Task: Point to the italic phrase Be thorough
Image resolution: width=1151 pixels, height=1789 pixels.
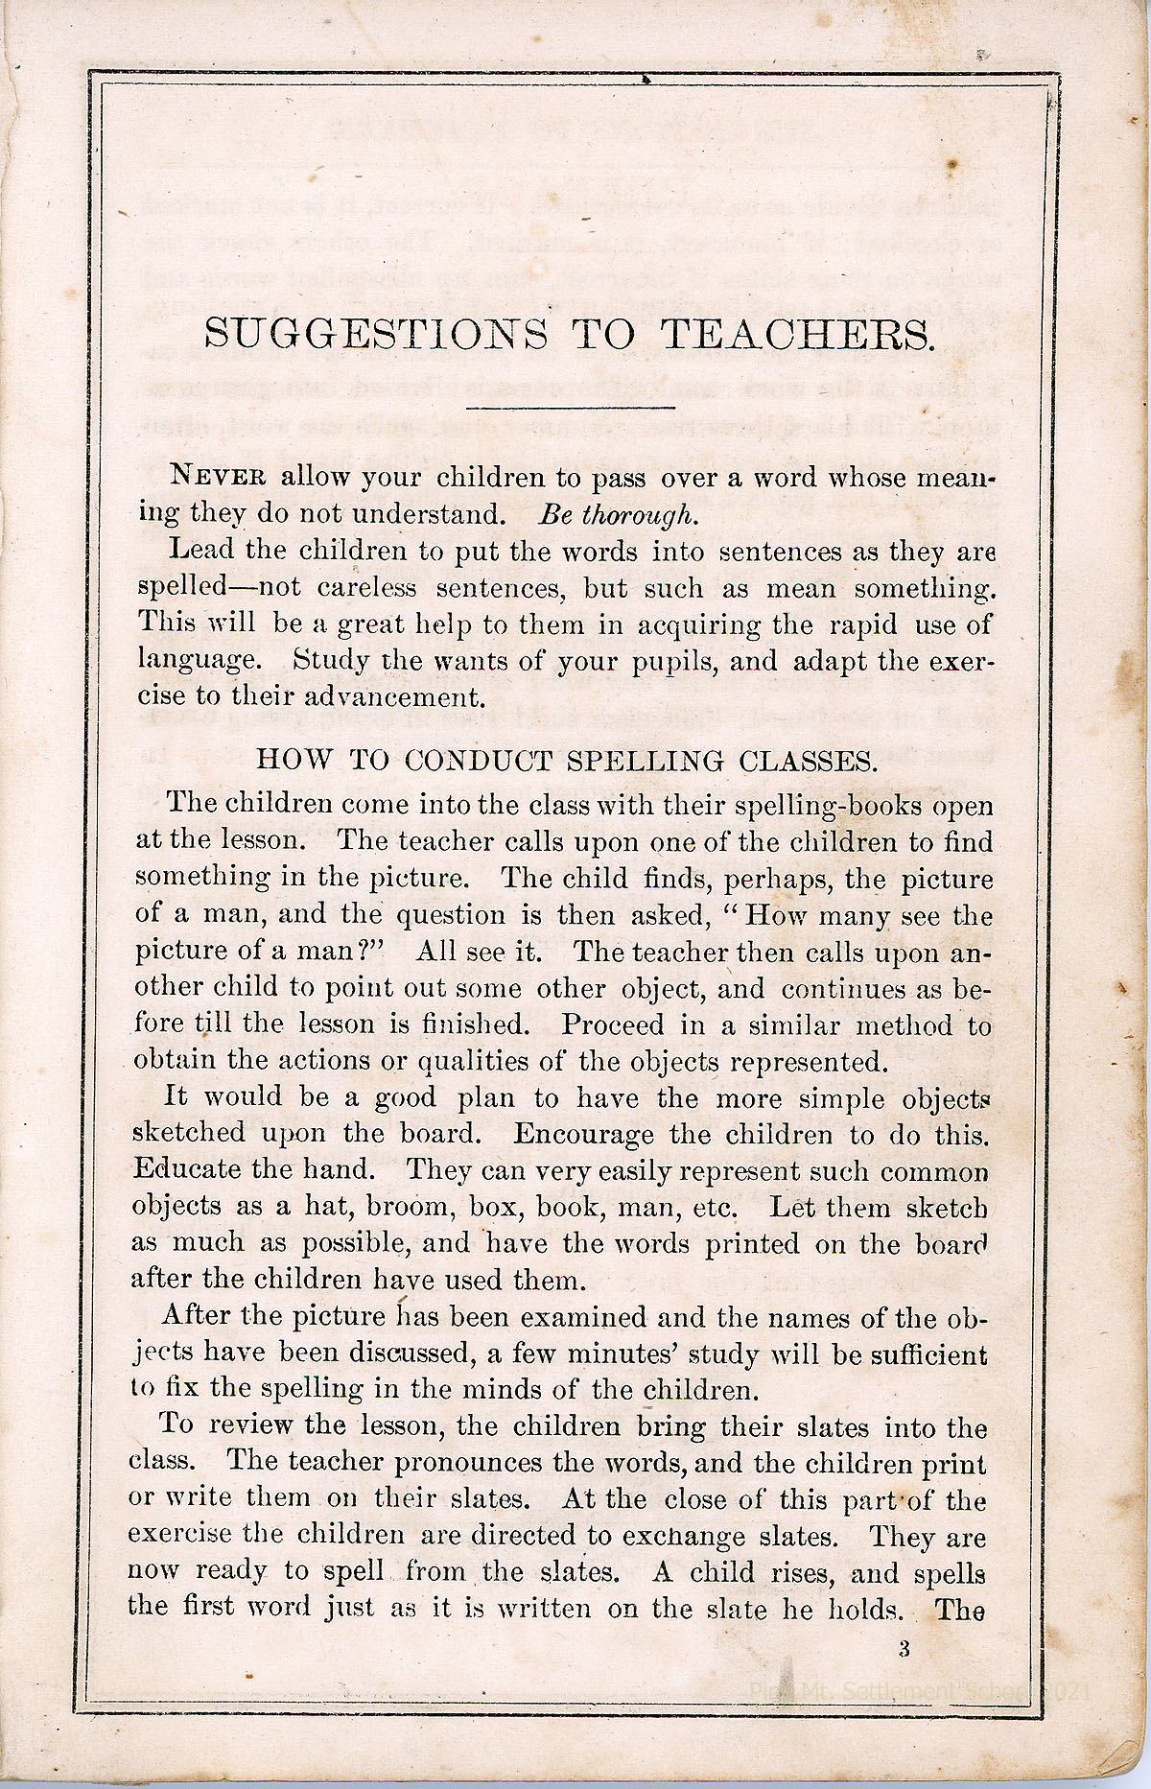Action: [x=616, y=514]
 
